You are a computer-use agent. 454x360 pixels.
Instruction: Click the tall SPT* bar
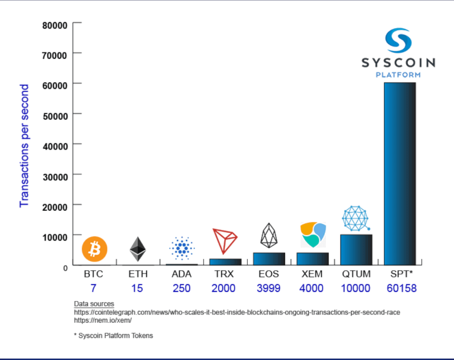pyautogui.click(x=400, y=173)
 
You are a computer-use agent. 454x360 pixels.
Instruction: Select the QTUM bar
pyautogui.click(x=356, y=250)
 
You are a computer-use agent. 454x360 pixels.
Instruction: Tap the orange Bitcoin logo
pyautogui.click(x=94, y=249)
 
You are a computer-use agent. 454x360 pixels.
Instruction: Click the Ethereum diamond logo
pyautogui.click(x=138, y=249)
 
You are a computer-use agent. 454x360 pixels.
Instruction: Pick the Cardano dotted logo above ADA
pyautogui.click(x=182, y=248)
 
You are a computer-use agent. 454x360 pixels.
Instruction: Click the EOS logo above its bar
pyautogui.click(x=268, y=235)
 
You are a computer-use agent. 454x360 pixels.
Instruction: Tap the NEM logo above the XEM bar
pyautogui.click(x=313, y=234)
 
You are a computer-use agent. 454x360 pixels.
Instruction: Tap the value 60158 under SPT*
pyautogui.click(x=401, y=288)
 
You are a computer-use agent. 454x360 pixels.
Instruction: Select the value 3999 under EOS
pyautogui.click(x=268, y=288)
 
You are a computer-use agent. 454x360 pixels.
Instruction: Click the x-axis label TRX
pyautogui.click(x=224, y=274)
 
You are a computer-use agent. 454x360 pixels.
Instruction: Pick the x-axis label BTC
pyautogui.click(x=93, y=274)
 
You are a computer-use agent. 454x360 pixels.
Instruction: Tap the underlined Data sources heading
pyautogui.click(x=94, y=304)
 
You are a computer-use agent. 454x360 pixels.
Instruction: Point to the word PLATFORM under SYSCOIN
pyautogui.click(x=398, y=75)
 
